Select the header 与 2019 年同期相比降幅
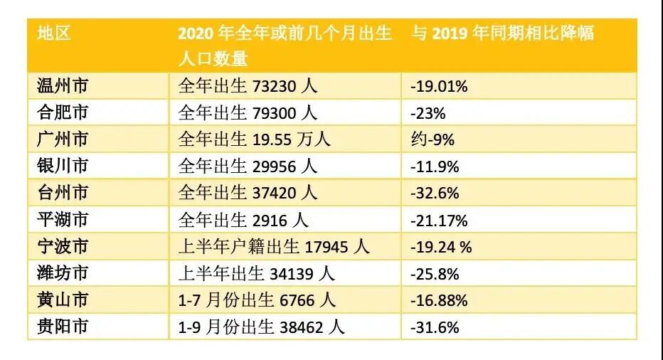point(503,33)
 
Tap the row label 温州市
point(63,86)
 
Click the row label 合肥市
point(63,113)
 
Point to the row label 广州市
point(63,139)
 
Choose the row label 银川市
point(63,166)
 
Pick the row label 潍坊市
point(63,273)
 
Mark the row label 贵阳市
point(63,327)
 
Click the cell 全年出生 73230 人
point(247,86)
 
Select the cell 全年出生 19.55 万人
point(254,139)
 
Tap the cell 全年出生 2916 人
point(243,220)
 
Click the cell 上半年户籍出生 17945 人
point(273,247)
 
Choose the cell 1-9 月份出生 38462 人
point(260,327)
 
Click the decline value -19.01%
point(439,87)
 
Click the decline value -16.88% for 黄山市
point(439,300)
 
